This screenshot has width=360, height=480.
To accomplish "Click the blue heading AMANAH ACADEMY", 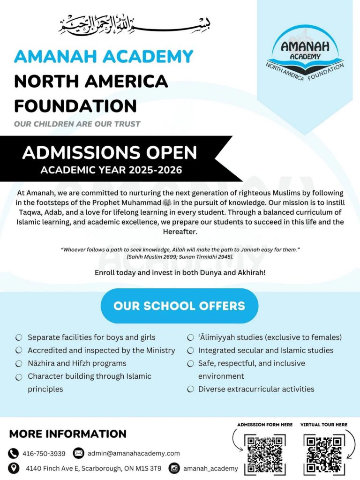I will tap(104, 57).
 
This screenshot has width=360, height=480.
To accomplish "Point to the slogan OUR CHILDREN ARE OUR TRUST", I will tap(77, 124).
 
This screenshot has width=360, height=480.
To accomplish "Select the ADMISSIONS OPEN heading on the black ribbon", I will tap(110, 153).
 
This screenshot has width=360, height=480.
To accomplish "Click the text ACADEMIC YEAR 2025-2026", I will tap(111, 170).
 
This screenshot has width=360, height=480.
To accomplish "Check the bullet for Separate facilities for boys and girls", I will tap(19, 337).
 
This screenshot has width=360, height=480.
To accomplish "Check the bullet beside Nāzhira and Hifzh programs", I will tap(19, 363).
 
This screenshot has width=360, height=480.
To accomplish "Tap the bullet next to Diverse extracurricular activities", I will tap(191, 389).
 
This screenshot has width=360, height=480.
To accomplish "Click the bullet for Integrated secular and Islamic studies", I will tap(191, 351).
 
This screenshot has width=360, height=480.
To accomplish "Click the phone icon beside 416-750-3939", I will tap(14, 453).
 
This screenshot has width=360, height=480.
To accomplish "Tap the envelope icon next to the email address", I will tap(79, 453).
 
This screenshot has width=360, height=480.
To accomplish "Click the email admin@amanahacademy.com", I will tap(134, 453).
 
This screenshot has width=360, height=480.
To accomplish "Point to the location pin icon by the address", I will tap(14, 468).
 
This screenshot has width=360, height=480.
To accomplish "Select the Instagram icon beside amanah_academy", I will tap(174, 468).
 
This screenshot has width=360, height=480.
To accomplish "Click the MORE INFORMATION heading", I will tap(68, 434).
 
